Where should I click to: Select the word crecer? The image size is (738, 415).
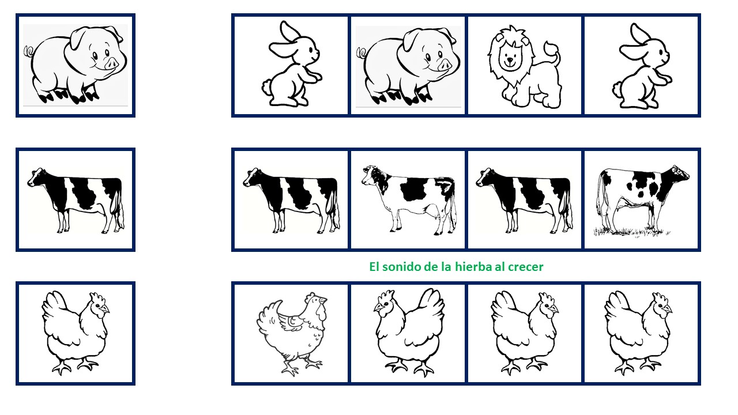click(x=525, y=267)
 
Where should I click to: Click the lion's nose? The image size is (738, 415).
click(x=510, y=59)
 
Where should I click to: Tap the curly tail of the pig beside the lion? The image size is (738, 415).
click(x=362, y=52)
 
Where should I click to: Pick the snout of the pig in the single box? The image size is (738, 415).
click(x=111, y=63)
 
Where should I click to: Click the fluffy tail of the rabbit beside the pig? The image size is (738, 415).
click(x=266, y=87)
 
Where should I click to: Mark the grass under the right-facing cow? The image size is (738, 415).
click(x=631, y=232)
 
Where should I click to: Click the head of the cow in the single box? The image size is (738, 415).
click(x=36, y=177)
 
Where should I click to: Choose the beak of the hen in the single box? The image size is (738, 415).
click(x=105, y=309)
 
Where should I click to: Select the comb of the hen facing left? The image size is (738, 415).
click(x=386, y=295)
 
